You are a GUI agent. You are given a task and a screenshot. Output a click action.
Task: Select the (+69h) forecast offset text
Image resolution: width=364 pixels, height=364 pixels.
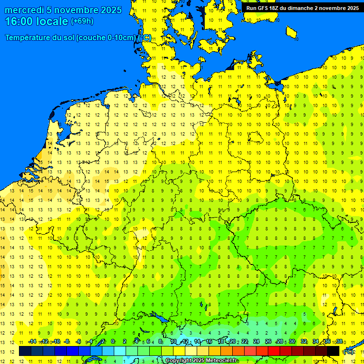(x=82, y=21)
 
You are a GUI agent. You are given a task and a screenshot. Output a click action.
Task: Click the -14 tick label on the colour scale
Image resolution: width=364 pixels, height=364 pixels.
(x=32, y=341)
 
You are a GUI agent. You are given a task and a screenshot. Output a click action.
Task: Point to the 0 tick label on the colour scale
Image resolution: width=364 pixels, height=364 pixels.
(x=113, y=341)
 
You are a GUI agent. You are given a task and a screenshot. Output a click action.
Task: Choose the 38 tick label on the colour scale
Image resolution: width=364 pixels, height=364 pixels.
(x=339, y=341)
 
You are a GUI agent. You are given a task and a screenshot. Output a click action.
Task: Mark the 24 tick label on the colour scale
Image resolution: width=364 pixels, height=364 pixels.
(x=256, y=341)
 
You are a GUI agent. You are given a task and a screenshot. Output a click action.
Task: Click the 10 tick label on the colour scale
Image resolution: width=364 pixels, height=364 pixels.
(x=173, y=341)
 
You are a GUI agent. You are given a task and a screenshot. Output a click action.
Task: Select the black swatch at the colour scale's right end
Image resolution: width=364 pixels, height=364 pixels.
(x=333, y=351)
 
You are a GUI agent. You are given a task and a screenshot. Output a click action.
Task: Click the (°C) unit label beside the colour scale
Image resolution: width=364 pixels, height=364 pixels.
(x=348, y=351)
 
